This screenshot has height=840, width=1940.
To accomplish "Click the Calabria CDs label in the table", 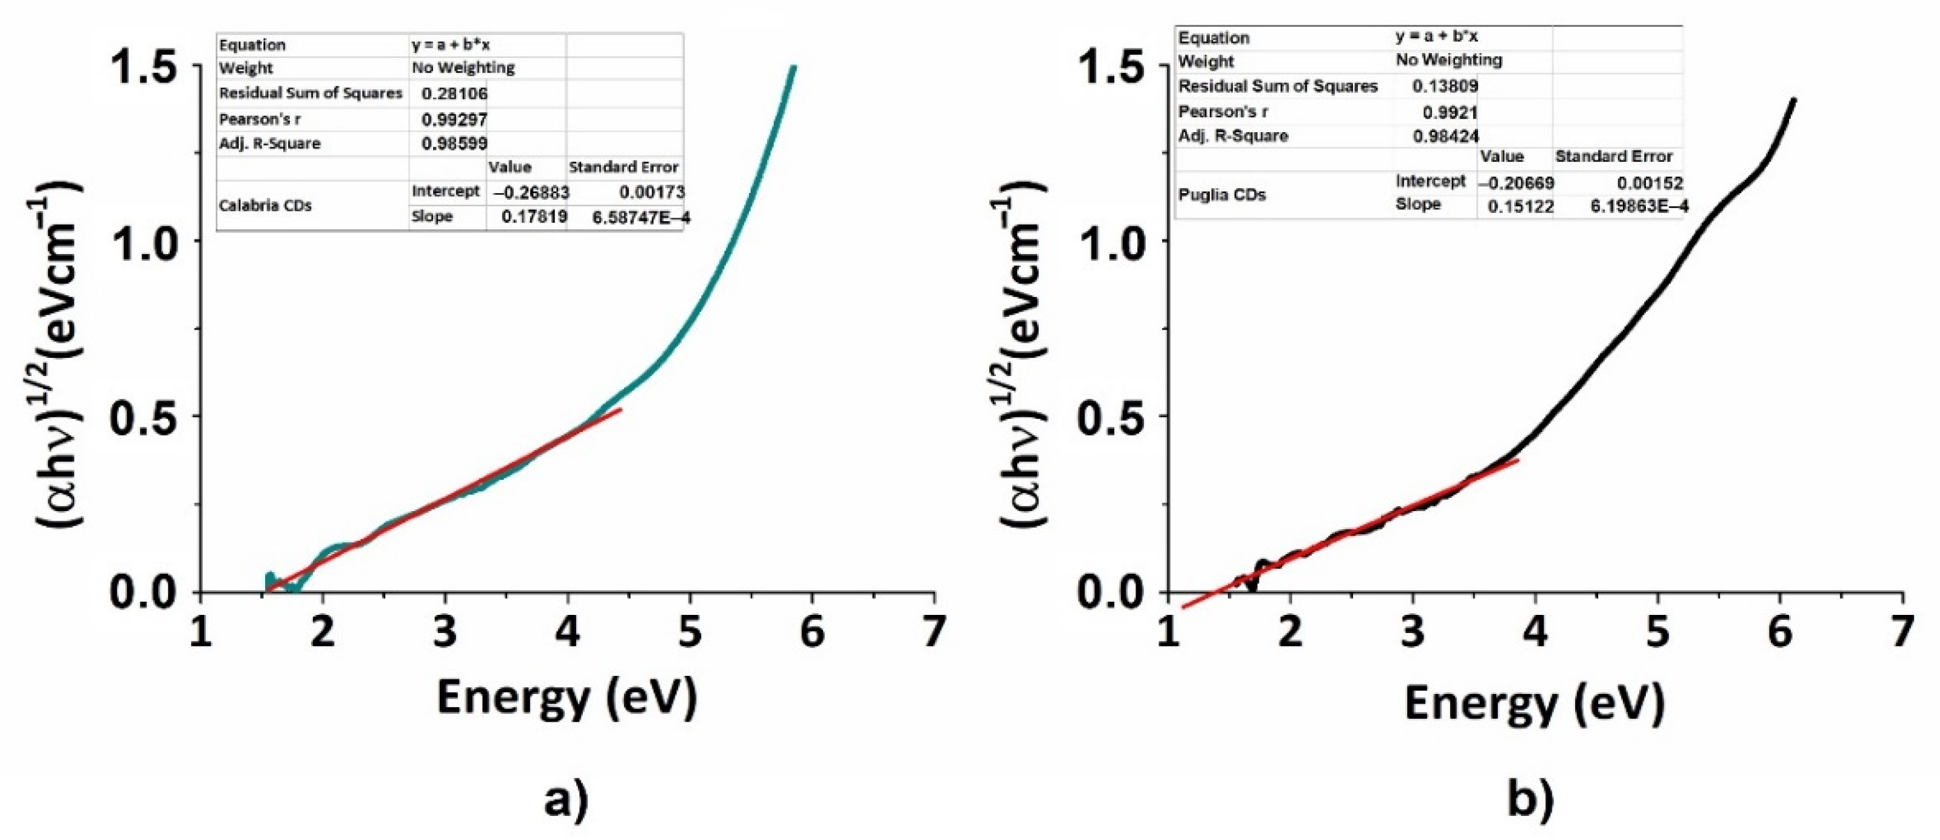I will pos(265,206).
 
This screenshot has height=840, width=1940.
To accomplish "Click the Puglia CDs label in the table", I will pos(1221,195).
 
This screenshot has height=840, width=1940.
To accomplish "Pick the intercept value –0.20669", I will pos(1515,183).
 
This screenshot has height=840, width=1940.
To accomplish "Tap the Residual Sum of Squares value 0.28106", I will pos(454,94).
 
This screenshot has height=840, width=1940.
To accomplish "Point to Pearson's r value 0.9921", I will pos(1450,112).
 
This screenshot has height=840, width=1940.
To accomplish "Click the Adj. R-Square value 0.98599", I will pos(454,143).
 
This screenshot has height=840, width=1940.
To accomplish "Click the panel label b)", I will pos(1531,800).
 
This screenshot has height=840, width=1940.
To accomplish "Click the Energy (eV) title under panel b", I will pos(1534,704).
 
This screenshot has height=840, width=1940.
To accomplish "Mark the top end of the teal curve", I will pos(794,67).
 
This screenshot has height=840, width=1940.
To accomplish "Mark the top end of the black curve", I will pos(1793,100).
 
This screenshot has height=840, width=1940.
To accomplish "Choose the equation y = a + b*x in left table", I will pos(451,45).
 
